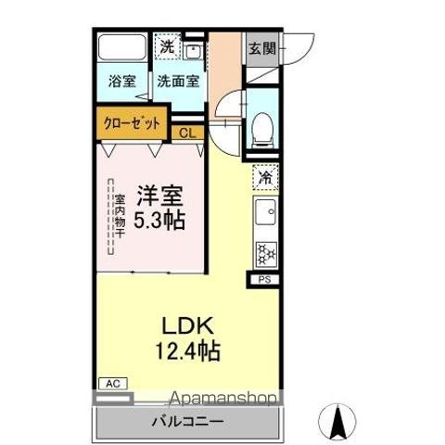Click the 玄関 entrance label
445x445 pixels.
coord(259,49)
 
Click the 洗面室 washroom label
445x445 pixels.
coord(176,81)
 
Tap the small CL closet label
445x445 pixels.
coord(187,133)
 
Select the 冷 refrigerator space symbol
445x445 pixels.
coord(264,174)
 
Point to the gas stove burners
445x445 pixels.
coord(264,251)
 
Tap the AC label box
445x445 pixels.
coord(111,383)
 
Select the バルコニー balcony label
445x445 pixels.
coord(185,423)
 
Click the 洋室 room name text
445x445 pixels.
coord(159,197)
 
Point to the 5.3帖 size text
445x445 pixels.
coord(159,221)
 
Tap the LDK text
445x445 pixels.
coord(189,328)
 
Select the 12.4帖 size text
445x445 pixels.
coord(189,352)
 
